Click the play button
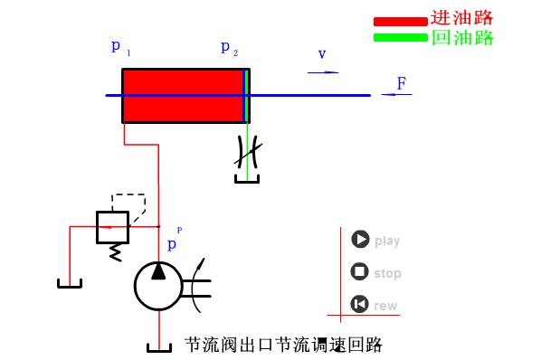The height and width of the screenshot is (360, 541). click(x=361, y=240)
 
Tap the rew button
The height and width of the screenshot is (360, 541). click(x=361, y=304)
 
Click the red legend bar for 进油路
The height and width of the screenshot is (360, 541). click(x=399, y=21)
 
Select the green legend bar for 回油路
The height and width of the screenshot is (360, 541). click(x=399, y=37)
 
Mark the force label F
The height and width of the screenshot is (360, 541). click(x=401, y=84)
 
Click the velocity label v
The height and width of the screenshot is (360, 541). click(x=322, y=54)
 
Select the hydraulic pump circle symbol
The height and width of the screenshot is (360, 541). click(x=158, y=285)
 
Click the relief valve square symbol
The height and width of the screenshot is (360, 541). click(x=112, y=227)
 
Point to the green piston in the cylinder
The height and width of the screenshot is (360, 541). click(x=245, y=95)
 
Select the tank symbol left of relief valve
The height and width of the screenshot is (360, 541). click(x=71, y=284)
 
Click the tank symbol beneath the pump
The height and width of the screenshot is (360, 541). click(x=158, y=347)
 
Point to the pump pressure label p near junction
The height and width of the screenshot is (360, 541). click(x=173, y=244)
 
